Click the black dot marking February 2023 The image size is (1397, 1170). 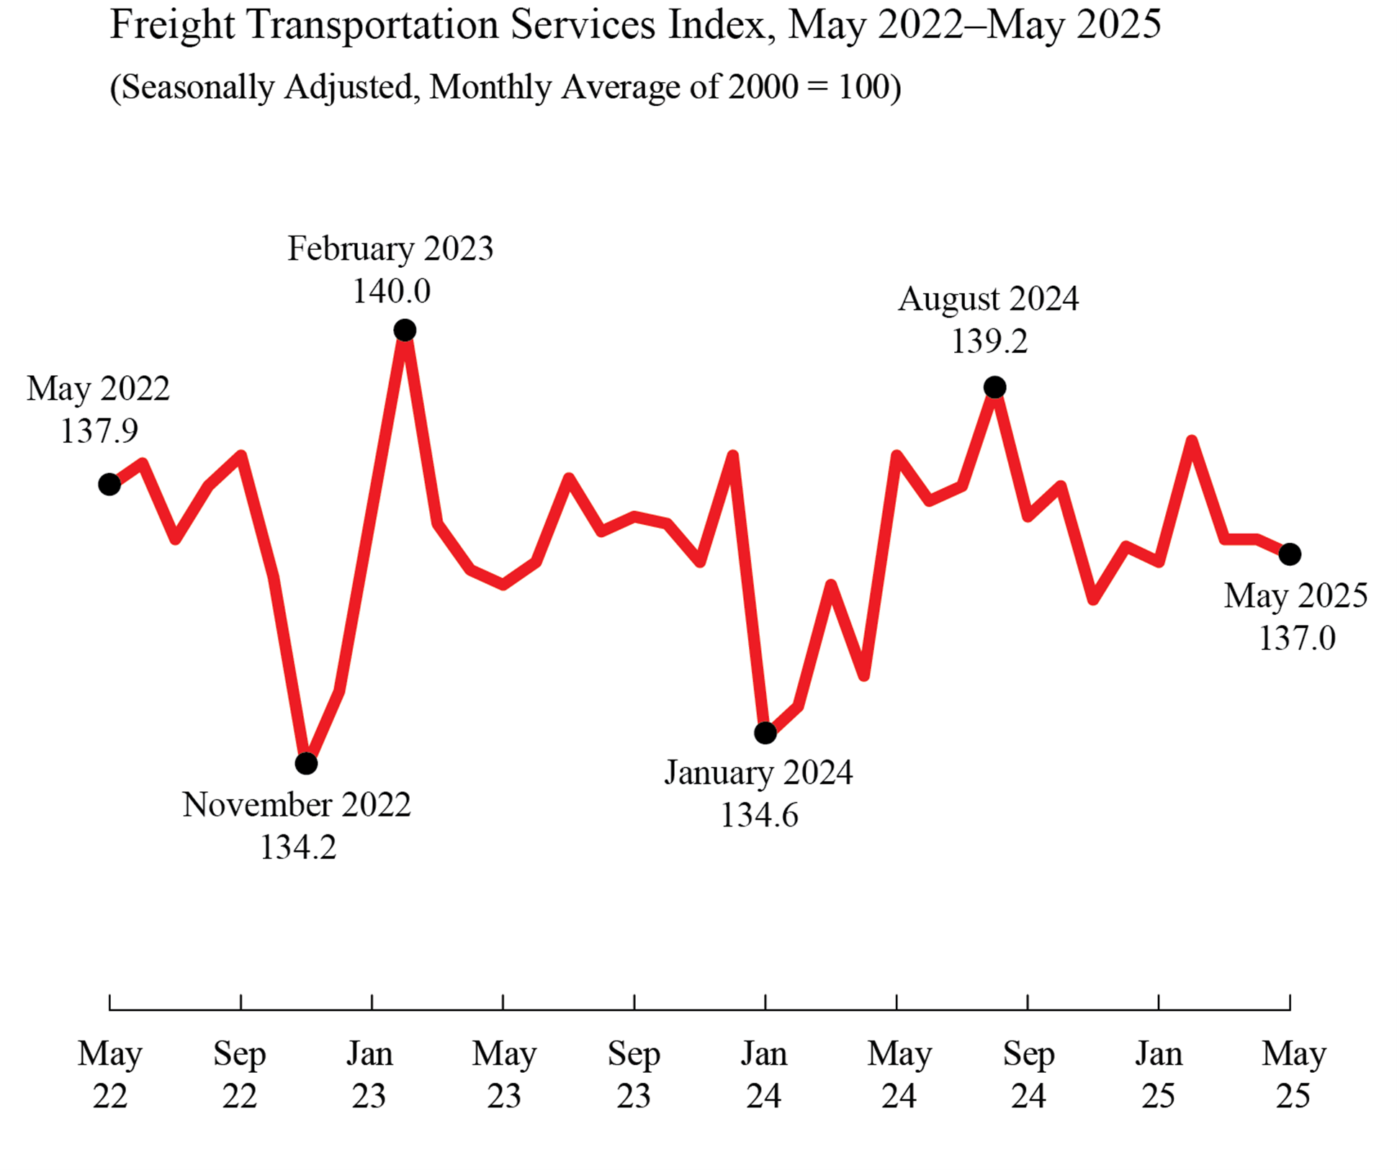click(405, 330)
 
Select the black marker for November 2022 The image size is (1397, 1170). click(306, 763)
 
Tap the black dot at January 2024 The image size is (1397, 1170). click(765, 733)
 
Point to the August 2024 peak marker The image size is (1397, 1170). click(994, 387)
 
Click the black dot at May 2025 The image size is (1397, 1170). click(1289, 554)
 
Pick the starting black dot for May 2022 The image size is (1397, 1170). click(109, 485)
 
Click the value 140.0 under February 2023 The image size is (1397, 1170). click(391, 292)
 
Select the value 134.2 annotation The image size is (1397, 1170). click(297, 847)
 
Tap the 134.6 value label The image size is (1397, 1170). click(759, 816)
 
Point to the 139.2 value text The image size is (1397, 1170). click(989, 341)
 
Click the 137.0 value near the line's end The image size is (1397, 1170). click(1296, 639)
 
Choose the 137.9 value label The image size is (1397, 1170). click(99, 431)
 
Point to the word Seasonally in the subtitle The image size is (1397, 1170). click(198, 87)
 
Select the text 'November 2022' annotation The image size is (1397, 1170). click(296, 804)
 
